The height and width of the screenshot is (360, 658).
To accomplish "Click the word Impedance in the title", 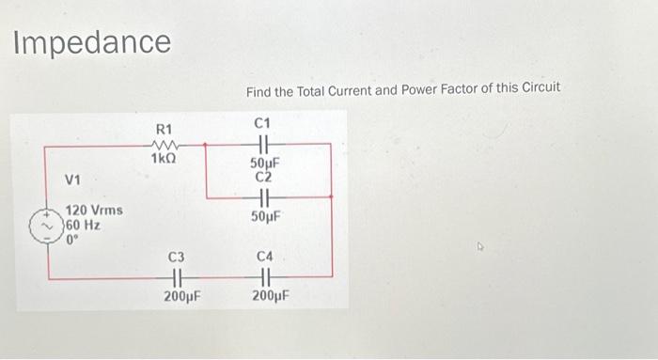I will [92, 41].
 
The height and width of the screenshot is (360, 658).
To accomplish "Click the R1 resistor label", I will [165, 127].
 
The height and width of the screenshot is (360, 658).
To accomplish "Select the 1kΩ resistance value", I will [165, 160].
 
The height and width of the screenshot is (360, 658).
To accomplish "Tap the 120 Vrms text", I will [93, 213].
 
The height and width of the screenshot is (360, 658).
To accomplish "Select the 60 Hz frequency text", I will [82, 227].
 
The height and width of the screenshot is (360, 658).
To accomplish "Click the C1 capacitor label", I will [262, 122].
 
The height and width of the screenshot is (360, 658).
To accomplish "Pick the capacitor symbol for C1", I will [262, 144].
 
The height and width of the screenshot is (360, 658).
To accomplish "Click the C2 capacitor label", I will [262, 177].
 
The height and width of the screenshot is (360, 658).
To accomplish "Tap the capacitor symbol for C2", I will [262, 197].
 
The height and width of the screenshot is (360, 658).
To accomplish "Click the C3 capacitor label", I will [177, 257].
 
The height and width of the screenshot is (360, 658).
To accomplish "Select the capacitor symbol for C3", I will [177, 277].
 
